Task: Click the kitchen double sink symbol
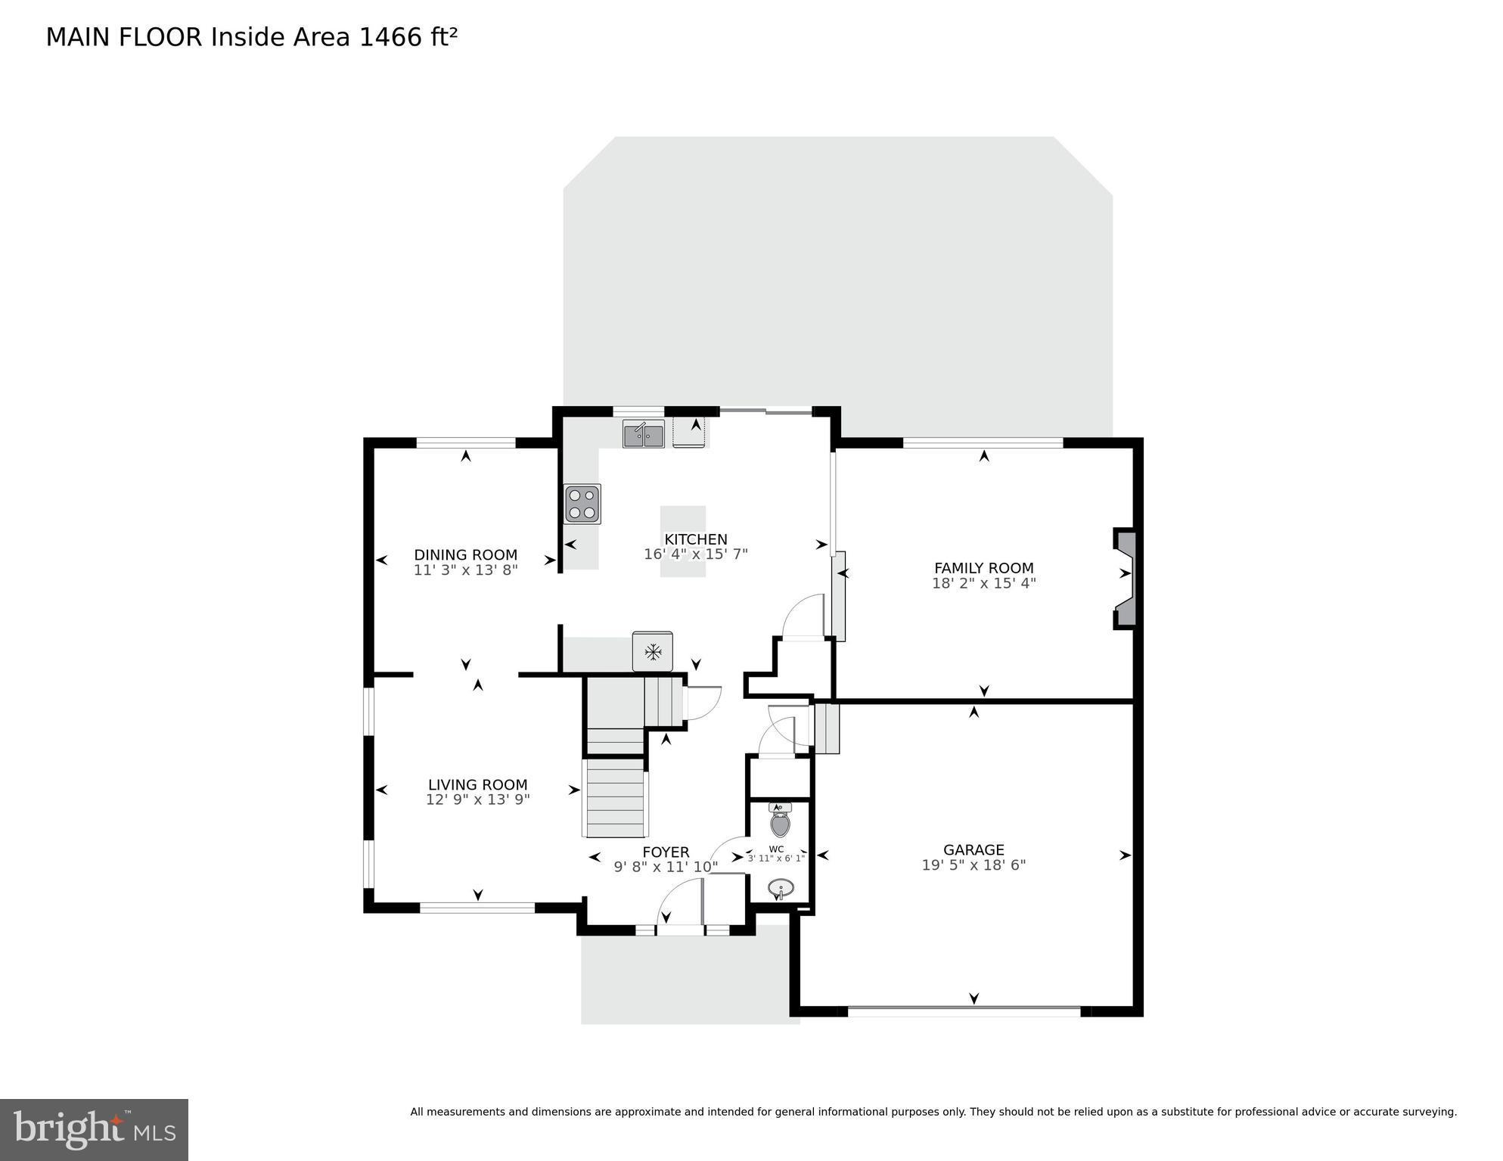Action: pyautogui.click(x=643, y=435)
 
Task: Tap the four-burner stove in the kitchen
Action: pyautogui.click(x=582, y=504)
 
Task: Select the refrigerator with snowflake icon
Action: pyautogui.click(x=652, y=651)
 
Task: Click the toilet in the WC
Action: pyautogui.click(x=780, y=821)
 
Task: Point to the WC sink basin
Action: pyautogui.click(x=780, y=887)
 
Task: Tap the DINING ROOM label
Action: pyautogui.click(x=465, y=555)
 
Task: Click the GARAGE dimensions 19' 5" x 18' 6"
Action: pyautogui.click(x=973, y=865)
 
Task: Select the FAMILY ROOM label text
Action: pyautogui.click(x=983, y=568)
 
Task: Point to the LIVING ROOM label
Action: pyautogui.click(x=477, y=785)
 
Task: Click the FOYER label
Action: pyautogui.click(x=666, y=852)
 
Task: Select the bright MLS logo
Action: pyautogui.click(x=94, y=1129)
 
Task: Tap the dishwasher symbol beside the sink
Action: pyautogui.click(x=689, y=433)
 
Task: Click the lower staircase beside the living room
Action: pyautogui.click(x=615, y=798)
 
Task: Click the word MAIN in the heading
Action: pyautogui.click(x=78, y=37)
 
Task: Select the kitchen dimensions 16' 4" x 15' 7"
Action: pyautogui.click(x=695, y=554)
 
